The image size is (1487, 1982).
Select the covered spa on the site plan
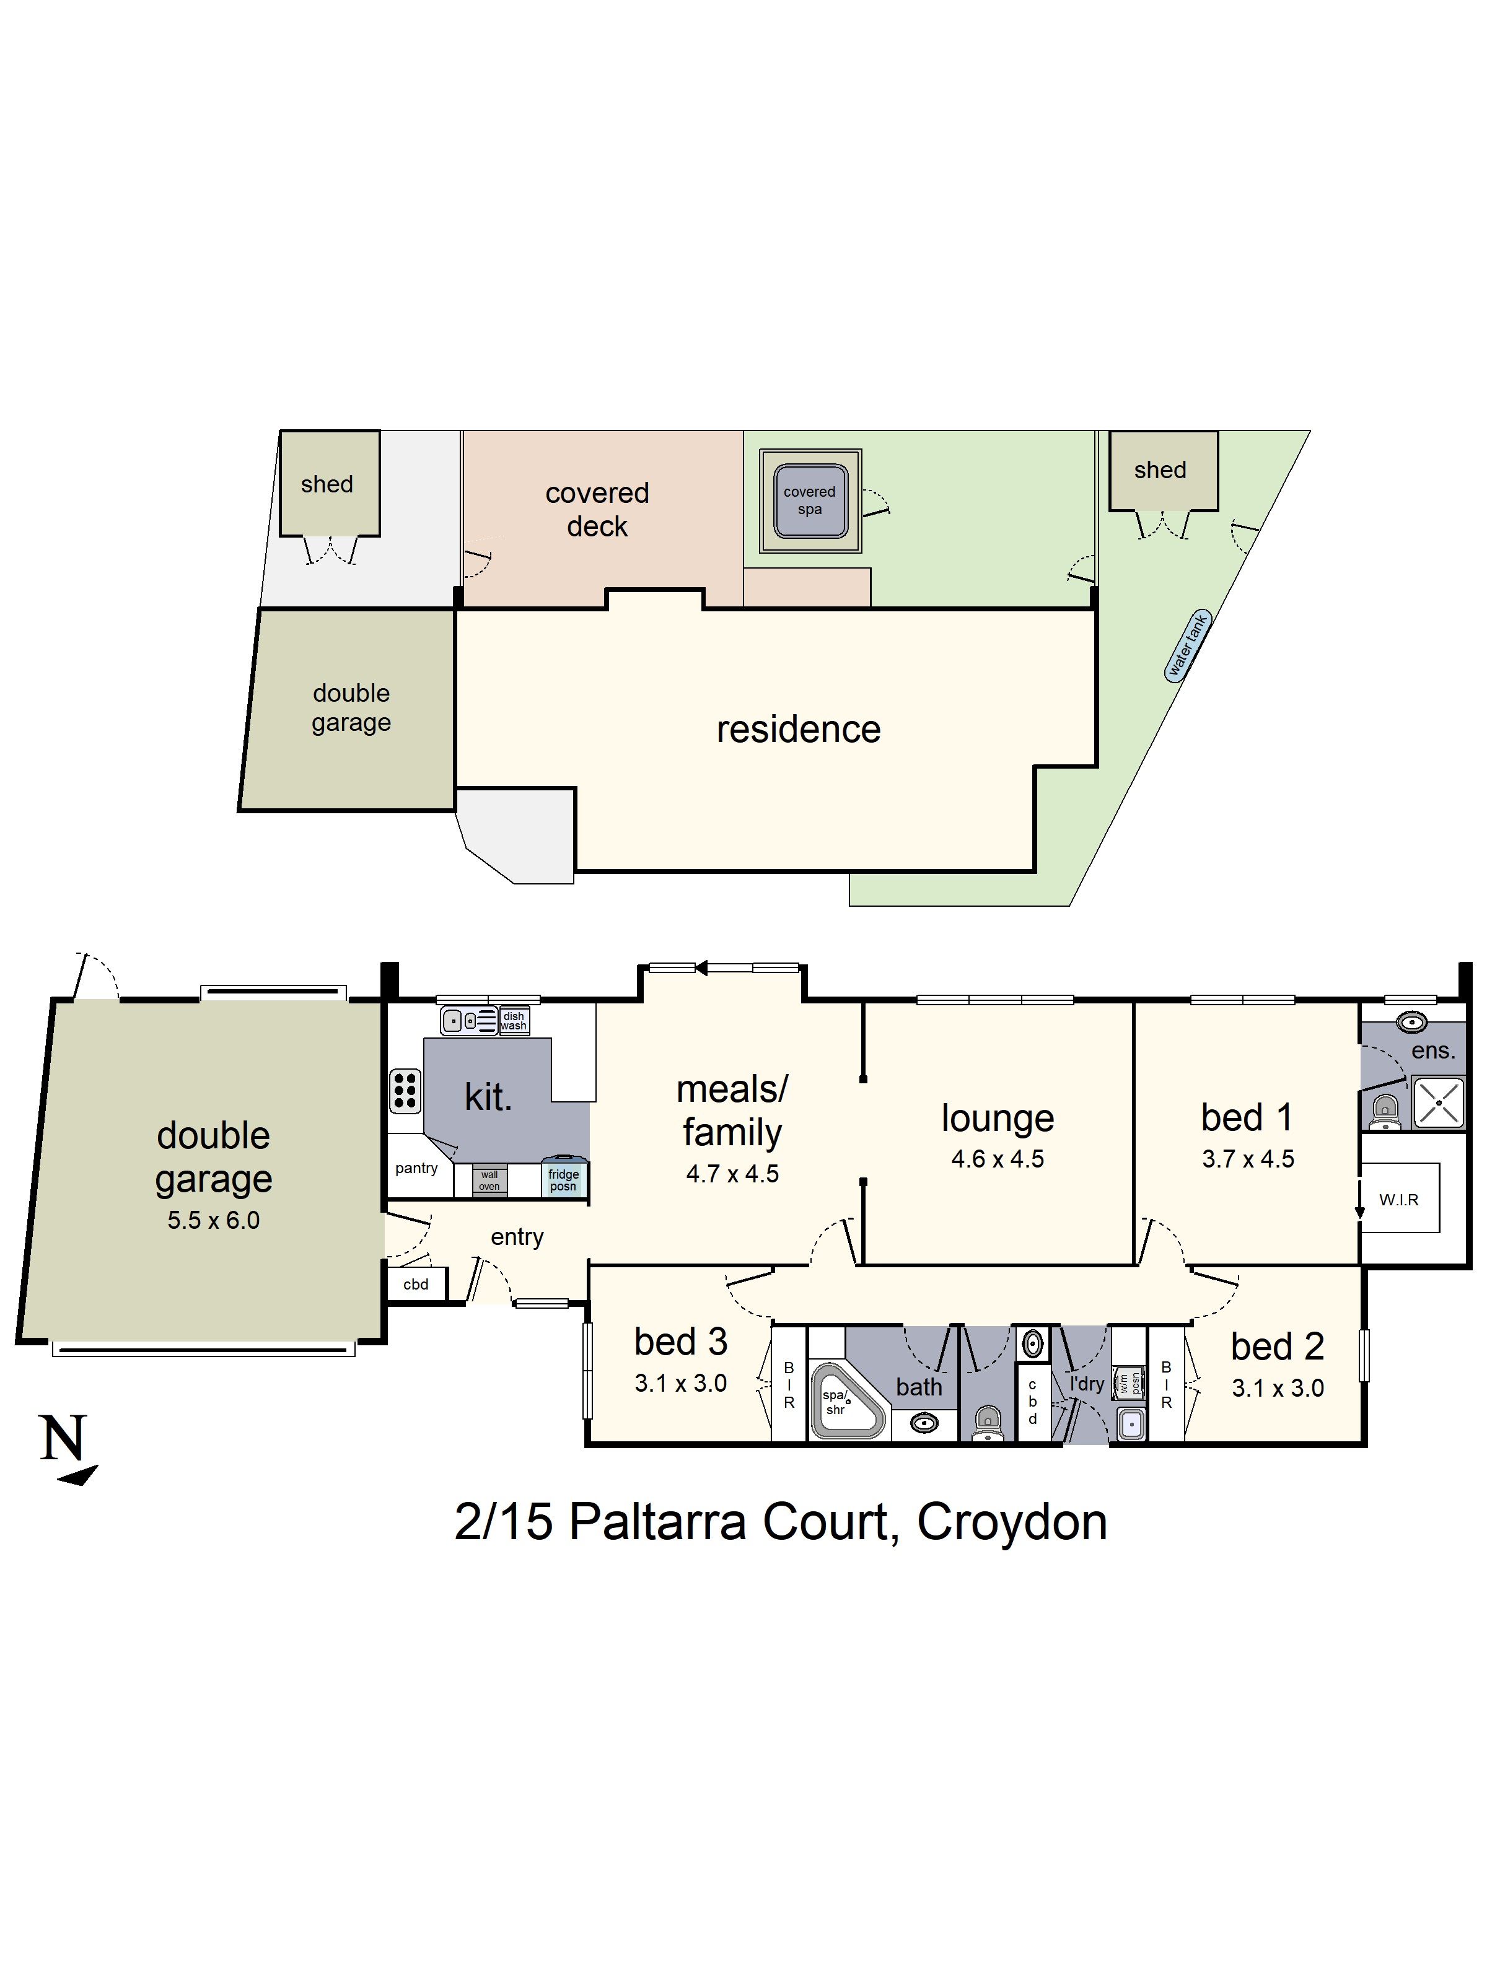pyautogui.click(x=809, y=500)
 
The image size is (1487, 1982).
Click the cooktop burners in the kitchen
pyautogui.click(x=404, y=1091)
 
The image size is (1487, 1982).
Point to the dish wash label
pyautogui.click(x=514, y=1021)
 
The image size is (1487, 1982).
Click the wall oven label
pyautogui.click(x=489, y=1180)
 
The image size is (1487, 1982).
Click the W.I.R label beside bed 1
pyautogui.click(x=1398, y=1200)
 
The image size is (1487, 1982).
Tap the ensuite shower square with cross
pyautogui.click(x=1437, y=1102)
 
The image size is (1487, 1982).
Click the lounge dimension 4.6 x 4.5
pyautogui.click(x=997, y=1159)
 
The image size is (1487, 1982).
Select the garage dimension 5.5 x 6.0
pyautogui.click(x=213, y=1220)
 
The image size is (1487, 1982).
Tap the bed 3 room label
pyautogui.click(x=680, y=1342)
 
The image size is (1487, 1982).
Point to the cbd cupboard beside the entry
pyautogui.click(x=416, y=1284)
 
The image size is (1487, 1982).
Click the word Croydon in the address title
pyautogui.click(x=1012, y=1521)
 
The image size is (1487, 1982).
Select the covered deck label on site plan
pyautogui.click(x=597, y=509)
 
